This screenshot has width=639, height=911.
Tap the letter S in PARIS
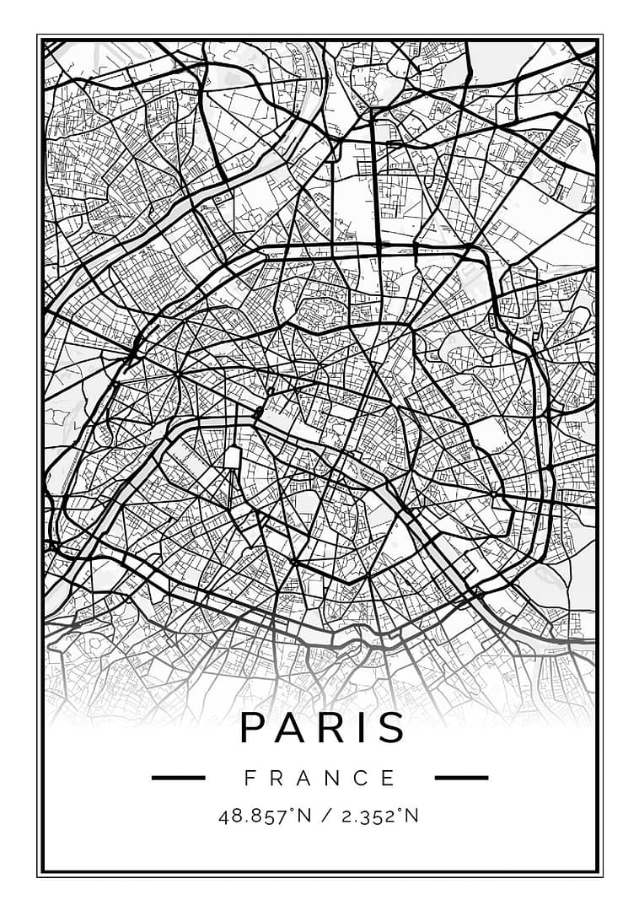[392, 727]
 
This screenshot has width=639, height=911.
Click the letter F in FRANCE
[250, 778]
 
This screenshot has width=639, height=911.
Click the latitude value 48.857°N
[258, 817]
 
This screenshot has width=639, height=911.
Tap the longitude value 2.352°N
[371, 817]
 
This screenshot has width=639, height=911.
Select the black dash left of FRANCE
[178, 778]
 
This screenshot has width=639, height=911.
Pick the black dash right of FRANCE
[460, 778]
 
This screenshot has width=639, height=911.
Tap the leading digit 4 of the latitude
[223, 817]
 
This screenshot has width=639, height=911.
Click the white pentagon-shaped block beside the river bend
[233, 458]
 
